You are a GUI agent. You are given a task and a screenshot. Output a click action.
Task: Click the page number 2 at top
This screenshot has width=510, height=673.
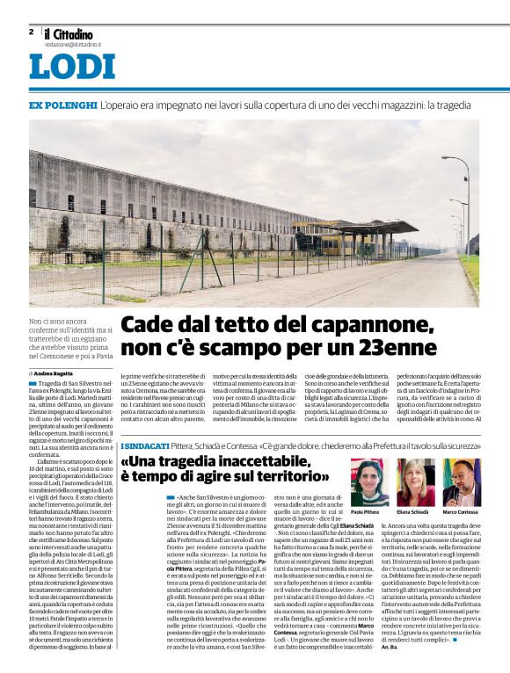coord(31,32)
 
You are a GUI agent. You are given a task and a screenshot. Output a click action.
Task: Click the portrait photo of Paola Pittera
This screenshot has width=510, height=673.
coord(370,482)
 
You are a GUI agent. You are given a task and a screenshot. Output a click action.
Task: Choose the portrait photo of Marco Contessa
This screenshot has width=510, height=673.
coord(460,482)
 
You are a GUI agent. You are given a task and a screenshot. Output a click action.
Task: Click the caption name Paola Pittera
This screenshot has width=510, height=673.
coord(370,512)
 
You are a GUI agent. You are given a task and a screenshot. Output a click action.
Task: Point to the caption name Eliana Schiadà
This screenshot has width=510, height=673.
coord(415,512)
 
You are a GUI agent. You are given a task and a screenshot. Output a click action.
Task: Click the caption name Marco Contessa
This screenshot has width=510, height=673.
coord(460,512)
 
